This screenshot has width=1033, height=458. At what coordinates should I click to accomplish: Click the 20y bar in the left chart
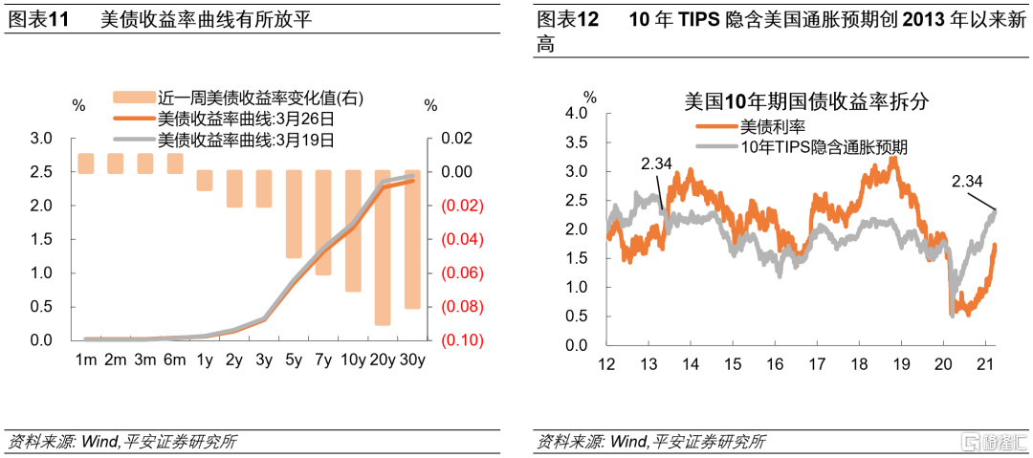(x=382, y=249)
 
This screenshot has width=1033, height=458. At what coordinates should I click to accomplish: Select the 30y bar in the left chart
(x=411, y=239)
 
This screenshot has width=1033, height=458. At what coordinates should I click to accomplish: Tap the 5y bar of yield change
(x=294, y=215)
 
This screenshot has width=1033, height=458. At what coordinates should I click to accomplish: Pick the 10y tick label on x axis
(x=352, y=360)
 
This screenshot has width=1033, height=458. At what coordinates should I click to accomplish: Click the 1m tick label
(x=86, y=360)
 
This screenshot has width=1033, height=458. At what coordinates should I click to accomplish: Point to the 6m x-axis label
(x=175, y=360)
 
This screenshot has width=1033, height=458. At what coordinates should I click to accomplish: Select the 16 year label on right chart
(x=776, y=364)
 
